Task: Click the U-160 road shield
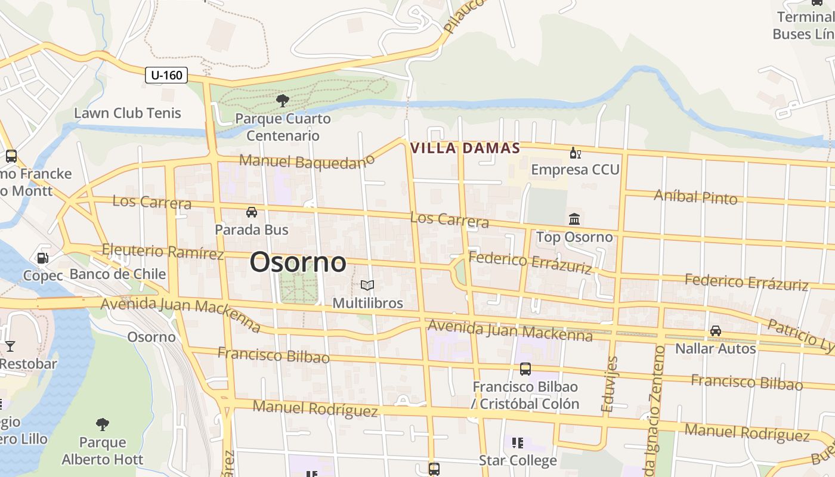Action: click(166, 75)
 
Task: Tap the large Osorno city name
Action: click(298, 262)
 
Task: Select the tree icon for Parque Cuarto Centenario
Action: click(282, 100)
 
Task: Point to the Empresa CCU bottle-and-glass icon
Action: click(575, 154)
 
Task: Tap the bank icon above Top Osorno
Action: click(574, 219)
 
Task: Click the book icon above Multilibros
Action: click(367, 286)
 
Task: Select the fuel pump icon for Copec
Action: click(43, 258)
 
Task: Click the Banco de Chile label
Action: click(117, 274)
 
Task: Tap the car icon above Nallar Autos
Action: click(715, 331)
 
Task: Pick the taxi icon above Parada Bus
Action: click(252, 212)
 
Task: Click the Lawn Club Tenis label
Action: click(127, 113)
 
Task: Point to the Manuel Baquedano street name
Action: click(307, 161)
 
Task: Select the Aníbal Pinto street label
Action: click(695, 196)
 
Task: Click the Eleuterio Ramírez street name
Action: click(163, 252)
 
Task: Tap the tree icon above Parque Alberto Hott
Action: click(103, 425)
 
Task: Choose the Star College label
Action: click(518, 460)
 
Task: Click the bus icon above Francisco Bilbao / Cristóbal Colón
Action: click(525, 369)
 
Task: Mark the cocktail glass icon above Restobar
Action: click(10, 346)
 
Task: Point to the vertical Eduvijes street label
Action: click(608, 385)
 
